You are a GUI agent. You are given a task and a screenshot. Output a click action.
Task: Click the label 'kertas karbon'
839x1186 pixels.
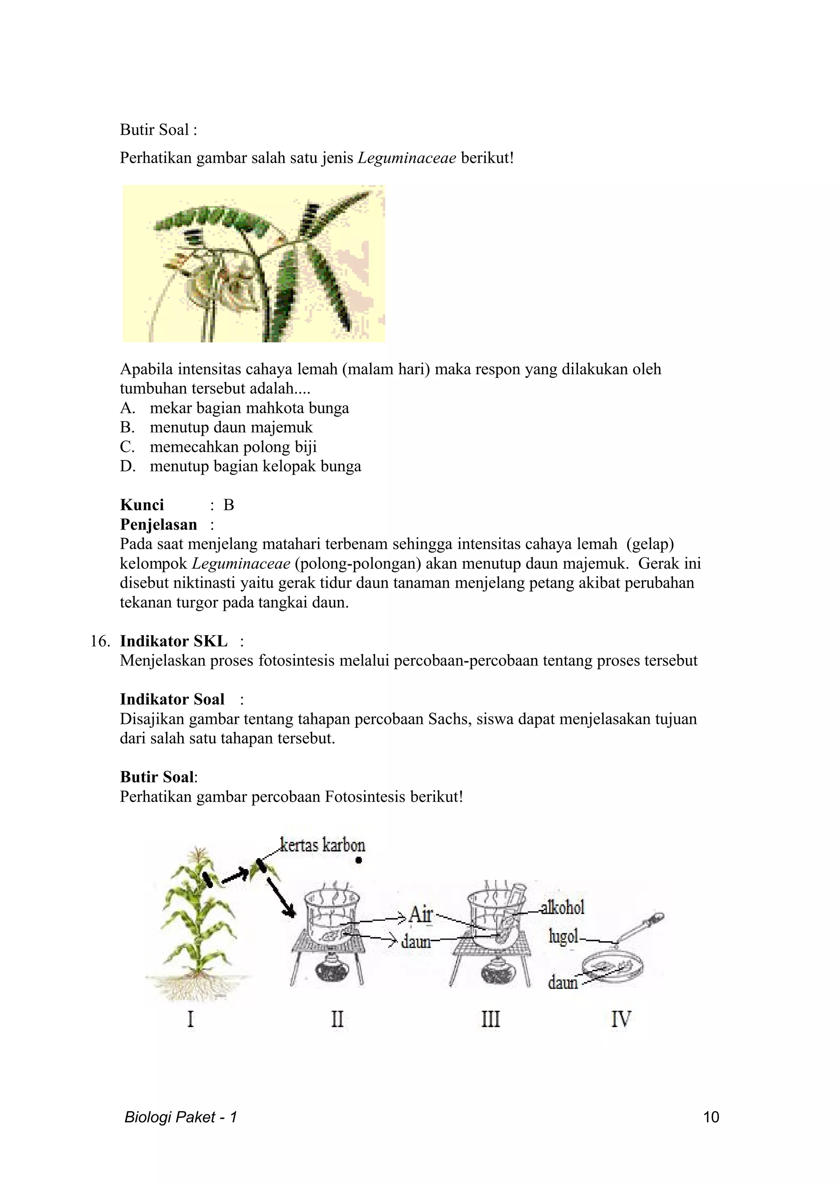[x=322, y=846]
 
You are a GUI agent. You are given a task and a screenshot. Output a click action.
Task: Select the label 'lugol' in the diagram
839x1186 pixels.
[x=563, y=936]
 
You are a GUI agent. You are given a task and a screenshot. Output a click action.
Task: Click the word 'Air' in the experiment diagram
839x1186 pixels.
[x=420, y=914]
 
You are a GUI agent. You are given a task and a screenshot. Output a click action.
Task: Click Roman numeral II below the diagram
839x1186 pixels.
[x=337, y=1019]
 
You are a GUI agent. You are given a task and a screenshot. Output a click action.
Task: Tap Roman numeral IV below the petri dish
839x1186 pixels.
[x=621, y=1019]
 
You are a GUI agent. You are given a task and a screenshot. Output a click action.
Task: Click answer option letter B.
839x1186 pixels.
[x=127, y=428]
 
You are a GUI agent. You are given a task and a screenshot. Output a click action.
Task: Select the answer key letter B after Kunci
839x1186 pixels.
[x=229, y=505]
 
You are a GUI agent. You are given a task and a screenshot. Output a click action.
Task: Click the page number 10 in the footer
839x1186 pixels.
[x=711, y=1117]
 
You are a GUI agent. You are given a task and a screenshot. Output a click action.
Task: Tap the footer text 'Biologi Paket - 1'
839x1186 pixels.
[x=180, y=1117]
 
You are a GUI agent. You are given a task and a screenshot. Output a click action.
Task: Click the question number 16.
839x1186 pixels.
[x=100, y=642]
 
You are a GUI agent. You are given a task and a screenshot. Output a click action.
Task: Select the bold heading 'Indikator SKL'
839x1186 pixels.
[x=174, y=642]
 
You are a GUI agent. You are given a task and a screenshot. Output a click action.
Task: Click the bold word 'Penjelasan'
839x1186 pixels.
[x=158, y=525]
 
